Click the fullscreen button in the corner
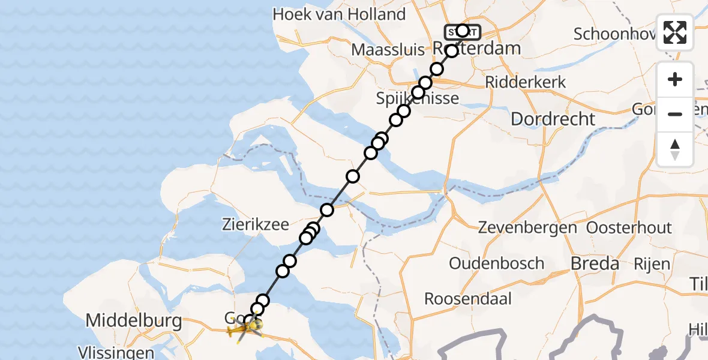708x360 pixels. (675, 32)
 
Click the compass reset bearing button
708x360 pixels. (675, 149)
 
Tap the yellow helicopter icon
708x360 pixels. (245, 328)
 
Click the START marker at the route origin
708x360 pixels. (462, 31)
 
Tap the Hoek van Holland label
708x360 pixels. (339, 14)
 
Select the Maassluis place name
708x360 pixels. (388, 49)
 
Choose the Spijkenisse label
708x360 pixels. (418, 98)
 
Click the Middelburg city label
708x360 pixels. (134, 320)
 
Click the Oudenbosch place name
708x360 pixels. (496, 263)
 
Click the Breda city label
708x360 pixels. (594, 263)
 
